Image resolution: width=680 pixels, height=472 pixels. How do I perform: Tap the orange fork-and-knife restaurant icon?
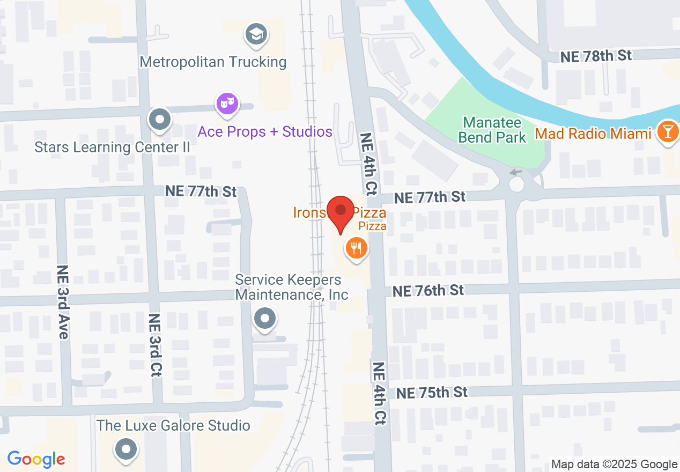pyautogui.click(x=356, y=249)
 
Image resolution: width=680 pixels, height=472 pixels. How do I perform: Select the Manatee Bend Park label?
pyautogui.click(x=492, y=130)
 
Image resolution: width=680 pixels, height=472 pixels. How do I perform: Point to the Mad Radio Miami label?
pyautogui.click(x=594, y=134)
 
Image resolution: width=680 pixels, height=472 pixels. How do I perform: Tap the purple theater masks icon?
pyautogui.click(x=227, y=103)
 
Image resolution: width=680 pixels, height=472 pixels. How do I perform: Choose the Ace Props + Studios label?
pyautogui.click(x=265, y=131)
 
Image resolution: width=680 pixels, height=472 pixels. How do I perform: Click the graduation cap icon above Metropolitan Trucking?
pyautogui.click(x=256, y=35)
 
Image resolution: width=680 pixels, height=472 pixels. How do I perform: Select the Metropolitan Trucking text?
pyautogui.click(x=213, y=62)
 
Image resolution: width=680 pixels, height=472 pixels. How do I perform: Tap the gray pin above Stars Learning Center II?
pyautogui.click(x=159, y=120)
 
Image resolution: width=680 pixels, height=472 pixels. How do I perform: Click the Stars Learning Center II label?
pyautogui.click(x=112, y=147)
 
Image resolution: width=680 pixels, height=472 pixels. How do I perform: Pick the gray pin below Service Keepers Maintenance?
pyautogui.click(x=264, y=319)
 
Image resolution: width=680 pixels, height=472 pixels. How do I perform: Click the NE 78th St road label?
pyautogui.click(x=595, y=56)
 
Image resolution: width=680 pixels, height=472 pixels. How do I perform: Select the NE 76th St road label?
pyautogui.click(x=428, y=291)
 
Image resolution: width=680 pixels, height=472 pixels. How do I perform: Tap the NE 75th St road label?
pyautogui.click(x=432, y=393)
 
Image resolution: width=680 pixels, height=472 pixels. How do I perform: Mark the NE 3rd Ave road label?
pyautogui.click(x=63, y=302)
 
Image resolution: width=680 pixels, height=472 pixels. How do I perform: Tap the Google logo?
pyautogui.click(x=36, y=459)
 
